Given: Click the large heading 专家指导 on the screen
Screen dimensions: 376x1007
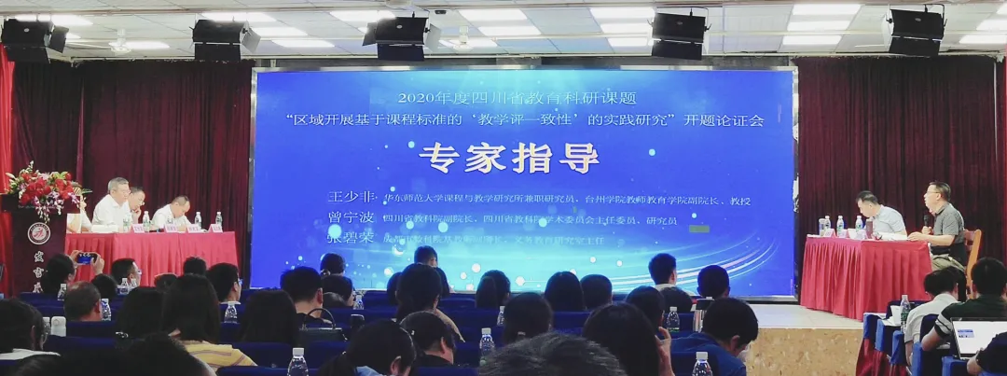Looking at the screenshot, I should pyautogui.click(x=508, y=158).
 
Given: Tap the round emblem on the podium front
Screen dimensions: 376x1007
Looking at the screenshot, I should pyautogui.click(x=38, y=233).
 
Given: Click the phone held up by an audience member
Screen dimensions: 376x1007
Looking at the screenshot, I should pyautogui.click(x=86, y=258).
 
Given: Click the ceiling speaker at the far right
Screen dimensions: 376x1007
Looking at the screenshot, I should pyautogui.click(x=916, y=32).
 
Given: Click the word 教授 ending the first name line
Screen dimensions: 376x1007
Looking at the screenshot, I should pyautogui.click(x=739, y=201).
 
